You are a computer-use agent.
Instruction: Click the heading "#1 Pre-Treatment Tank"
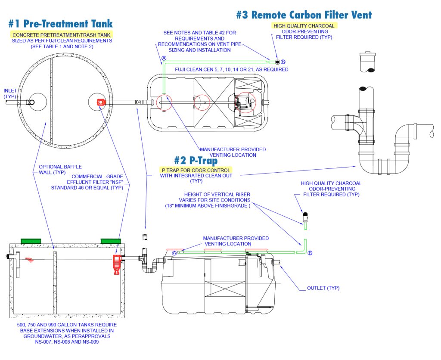(x=60, y=23)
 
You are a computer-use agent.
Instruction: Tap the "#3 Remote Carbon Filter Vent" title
(x=304, y=15)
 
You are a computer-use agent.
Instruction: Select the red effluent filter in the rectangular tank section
(x=116, y=263)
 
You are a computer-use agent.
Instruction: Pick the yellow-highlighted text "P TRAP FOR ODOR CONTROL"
(x=196, y=170)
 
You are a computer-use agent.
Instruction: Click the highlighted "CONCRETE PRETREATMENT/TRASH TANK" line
(x=62, y=34)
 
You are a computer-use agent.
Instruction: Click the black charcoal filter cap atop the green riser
(x=305, y=214)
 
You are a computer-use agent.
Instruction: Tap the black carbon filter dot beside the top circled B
(x=278, y=62)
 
